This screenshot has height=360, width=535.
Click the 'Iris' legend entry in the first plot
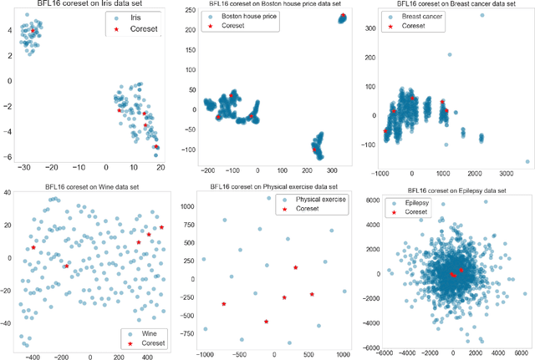pyautogui.click(x=133, y=18)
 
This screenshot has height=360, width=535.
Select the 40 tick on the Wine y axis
pyautogui.click(x=8, y=193)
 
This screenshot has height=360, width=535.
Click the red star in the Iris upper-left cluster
pyautogui.click(x=33, y=31)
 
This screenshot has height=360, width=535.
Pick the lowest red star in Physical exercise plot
pyautogui.click(x=267, y=322)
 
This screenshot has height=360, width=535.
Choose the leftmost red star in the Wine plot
pyautogui.click(x=33, y=247)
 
